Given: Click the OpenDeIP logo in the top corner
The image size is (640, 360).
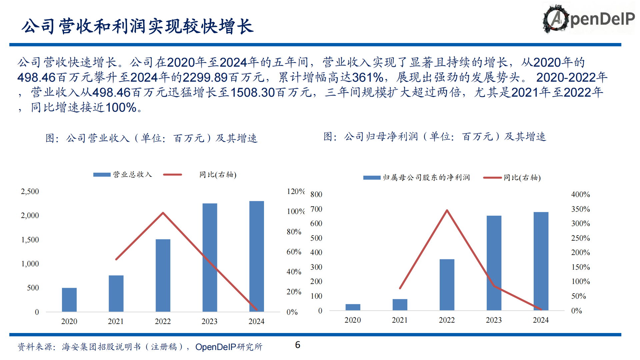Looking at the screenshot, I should tap(588, 19).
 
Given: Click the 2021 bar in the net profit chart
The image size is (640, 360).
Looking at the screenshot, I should tap(400, 304).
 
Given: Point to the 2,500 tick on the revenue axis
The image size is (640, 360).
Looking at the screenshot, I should tap(30, 191).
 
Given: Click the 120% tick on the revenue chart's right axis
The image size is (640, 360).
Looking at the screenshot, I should tap(295, 191).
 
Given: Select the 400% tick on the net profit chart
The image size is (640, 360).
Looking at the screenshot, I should tap(580, 194).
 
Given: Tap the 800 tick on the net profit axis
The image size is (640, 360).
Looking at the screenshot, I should tap(316, 194).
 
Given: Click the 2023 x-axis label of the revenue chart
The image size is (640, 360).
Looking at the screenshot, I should tap(209, 321).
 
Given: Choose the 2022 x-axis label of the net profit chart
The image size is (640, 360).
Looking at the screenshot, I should tap(447, 320).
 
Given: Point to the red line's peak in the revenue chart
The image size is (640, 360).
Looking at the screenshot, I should tap(163, 213).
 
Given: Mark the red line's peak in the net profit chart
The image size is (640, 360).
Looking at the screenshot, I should tap(447, 210).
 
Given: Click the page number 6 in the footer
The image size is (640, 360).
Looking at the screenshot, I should tap(298, 345).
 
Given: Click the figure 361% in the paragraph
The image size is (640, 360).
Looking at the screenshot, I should tap(368, 77).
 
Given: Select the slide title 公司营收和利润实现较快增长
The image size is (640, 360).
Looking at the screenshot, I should tap(137, 26).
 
